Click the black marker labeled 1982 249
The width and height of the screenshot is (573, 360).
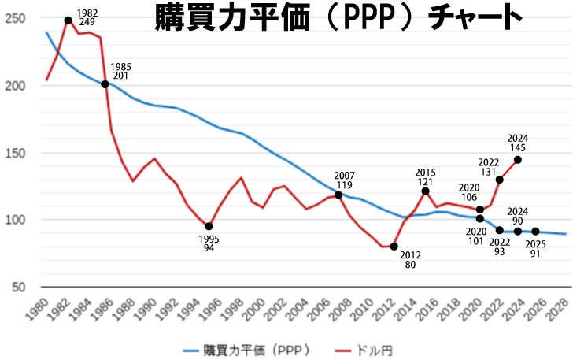(68, 20)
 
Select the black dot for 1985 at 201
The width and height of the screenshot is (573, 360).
(105, 84)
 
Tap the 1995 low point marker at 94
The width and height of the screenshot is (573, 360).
(209, 226)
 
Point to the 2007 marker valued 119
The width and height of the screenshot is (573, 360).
(338, 195)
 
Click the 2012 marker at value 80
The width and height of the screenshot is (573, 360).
(394, 247)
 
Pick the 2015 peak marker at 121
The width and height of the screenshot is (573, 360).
(425, 191)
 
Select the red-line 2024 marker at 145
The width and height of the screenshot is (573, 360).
(518, 159)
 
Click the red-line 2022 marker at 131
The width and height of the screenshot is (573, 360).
(500, 180)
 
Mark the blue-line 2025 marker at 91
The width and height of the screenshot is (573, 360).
(536, 231)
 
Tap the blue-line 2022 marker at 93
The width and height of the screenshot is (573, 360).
(500, 230)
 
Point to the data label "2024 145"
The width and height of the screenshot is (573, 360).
(518, 143)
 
